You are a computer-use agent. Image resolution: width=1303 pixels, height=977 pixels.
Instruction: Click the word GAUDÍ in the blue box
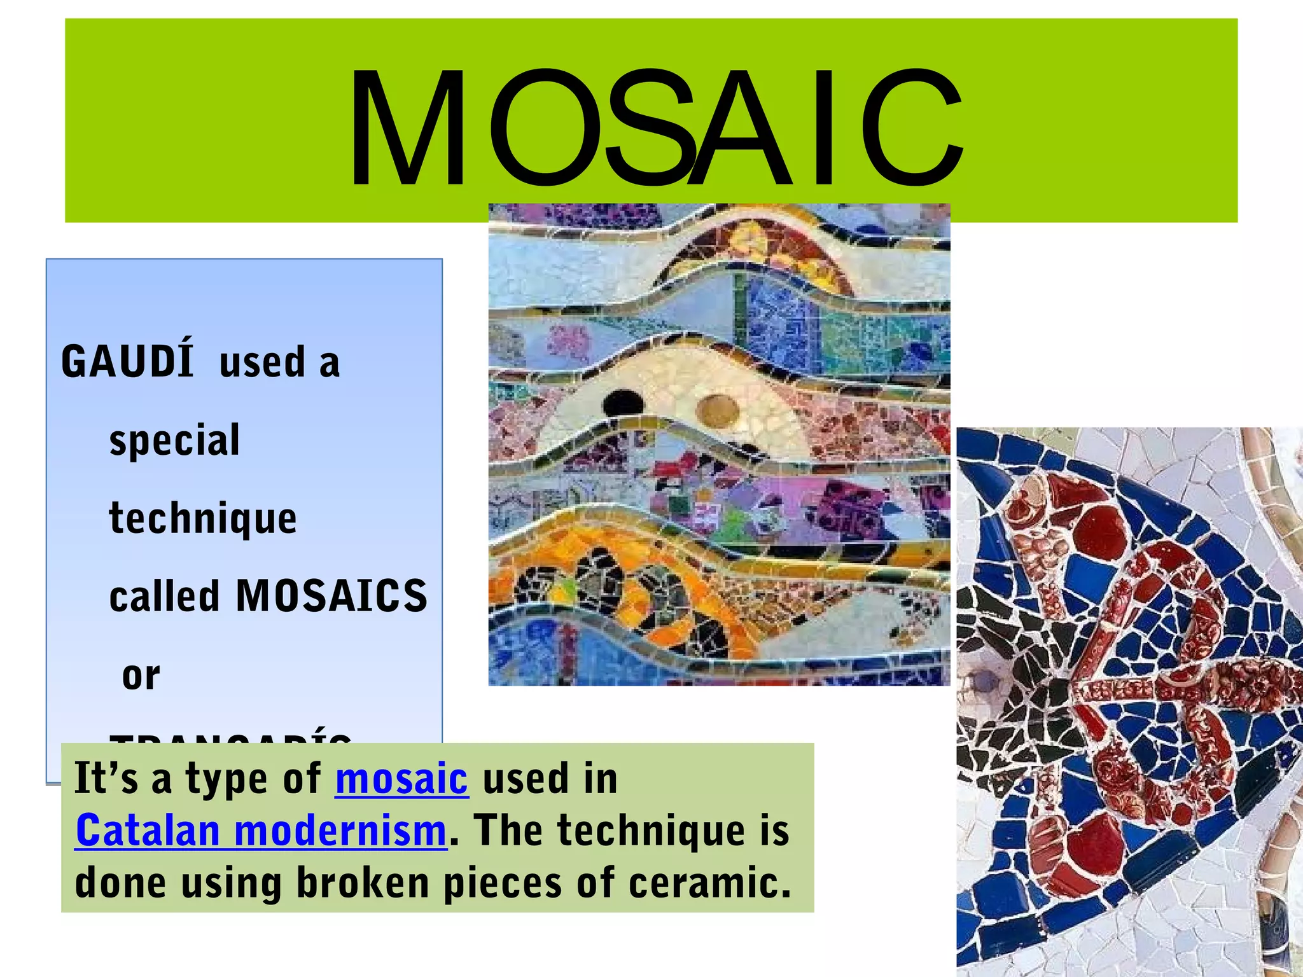tap(127, 361)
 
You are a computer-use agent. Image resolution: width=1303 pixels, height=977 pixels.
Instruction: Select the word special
tap(174, 440)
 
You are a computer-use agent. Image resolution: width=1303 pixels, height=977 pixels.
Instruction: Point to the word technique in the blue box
tap(203, 518)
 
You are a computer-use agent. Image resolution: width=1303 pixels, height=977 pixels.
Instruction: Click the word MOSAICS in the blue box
tap(331, 596)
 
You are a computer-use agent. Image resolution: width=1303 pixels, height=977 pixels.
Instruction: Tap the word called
tap(164, 596)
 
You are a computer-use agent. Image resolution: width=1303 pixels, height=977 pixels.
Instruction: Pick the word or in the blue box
tap(141, 675)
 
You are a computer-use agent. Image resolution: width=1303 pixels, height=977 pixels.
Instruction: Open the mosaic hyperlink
tap(401, 779)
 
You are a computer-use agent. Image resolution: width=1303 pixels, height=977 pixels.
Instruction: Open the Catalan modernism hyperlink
tap(261, 831)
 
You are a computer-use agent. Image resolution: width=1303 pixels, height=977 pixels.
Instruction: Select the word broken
tap(363, 883)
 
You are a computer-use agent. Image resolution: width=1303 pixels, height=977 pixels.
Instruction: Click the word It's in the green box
tap(106, 779)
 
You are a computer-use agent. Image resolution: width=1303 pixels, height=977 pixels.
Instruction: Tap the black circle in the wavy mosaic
tap(623, 403)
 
